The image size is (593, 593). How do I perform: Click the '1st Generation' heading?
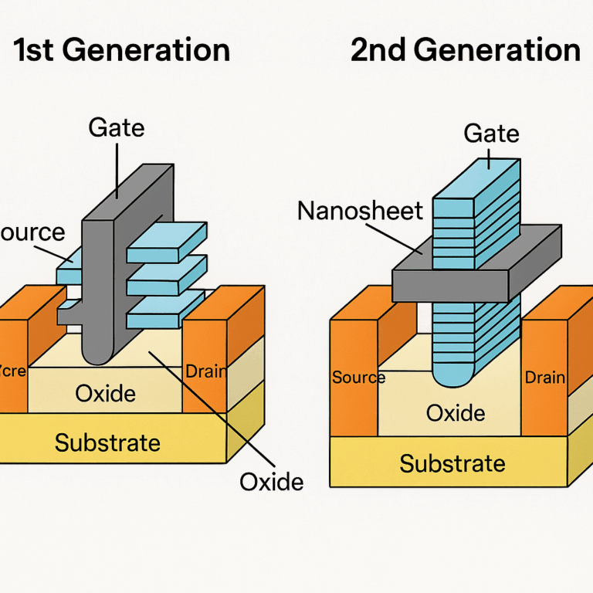pyautogui.click(x=122, y=50)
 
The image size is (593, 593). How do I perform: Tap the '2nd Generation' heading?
pyautogui.click(x=465, y=50)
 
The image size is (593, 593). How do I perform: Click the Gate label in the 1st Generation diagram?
pyautogui.click(x=117, y=127)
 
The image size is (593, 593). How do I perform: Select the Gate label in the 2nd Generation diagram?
pyautogui.click(x=491, y=134)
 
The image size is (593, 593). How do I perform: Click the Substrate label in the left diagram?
pyautogui.click(x=107, y=442)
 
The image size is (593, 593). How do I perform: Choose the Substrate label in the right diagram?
pyautogui.click(x=452, y=463)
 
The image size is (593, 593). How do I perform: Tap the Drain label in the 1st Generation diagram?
pyautogui.click(x=206, y=371)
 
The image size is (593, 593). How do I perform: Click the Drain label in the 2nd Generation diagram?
pyautogui.click(x=544, y=378)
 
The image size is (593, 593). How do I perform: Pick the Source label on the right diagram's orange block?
pyautogui.click(x=358, y=378)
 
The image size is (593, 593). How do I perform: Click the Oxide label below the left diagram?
pyautogui.click(x=271, y=482)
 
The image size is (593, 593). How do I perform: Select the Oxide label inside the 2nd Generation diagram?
pyautogui.click(x=456, y=413)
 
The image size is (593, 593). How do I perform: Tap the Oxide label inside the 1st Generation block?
pyautogui.click(x=106, y=394)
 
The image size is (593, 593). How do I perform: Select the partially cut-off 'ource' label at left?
pyautogui.click(x=32, y=232)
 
